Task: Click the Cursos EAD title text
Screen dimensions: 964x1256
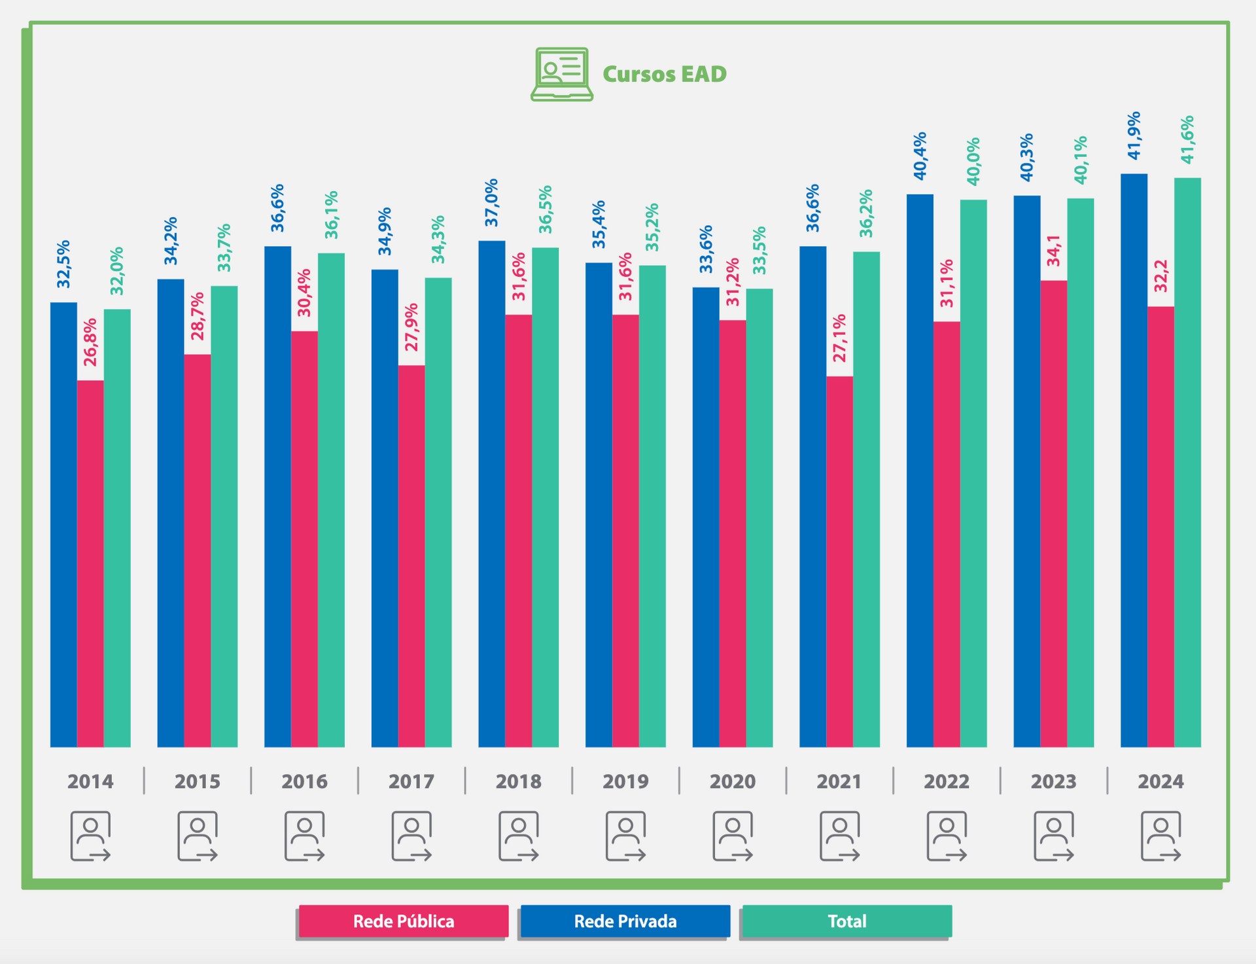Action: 664,74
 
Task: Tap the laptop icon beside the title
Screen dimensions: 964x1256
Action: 561,74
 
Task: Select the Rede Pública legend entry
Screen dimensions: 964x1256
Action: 404,921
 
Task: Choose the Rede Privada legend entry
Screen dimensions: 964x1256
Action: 625,921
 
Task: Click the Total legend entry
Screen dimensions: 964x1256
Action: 846,921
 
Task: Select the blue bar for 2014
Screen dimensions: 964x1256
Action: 63,524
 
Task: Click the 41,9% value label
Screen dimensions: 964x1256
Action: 1134,135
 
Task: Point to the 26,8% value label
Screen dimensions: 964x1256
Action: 90,342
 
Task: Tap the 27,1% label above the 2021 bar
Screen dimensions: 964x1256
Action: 839,338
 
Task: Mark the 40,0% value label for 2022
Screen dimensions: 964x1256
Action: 973,161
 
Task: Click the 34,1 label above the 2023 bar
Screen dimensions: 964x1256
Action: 1053,251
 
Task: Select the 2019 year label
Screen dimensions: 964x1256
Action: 625,781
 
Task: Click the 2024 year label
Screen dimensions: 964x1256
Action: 1160,781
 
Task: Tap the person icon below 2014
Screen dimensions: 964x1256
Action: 90,836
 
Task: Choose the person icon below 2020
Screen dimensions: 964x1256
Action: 733,836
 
